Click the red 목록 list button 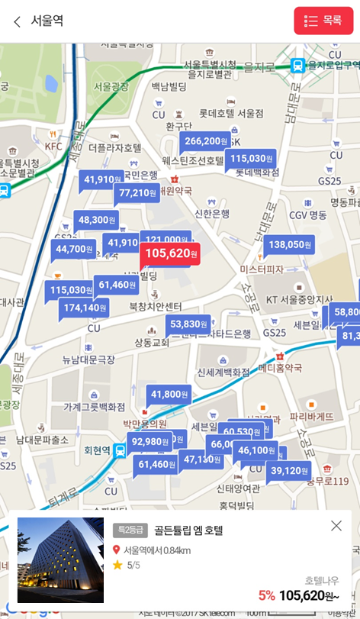[x=323, y=21]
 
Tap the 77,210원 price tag [x=138, y=193]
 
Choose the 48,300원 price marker [x=97, y=220]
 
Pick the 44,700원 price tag [x=74, y=249]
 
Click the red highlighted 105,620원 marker [x=170, y=253]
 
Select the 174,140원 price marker [x=84, y=308]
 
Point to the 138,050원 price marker [x=288, y=245]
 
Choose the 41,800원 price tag [x=169, y=394]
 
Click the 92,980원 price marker [x=148, y=442]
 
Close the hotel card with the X [x=336, y=525]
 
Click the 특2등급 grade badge [x=130, y=530]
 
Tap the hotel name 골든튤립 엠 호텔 [x=188, y=530]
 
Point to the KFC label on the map [x=53, y=146]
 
